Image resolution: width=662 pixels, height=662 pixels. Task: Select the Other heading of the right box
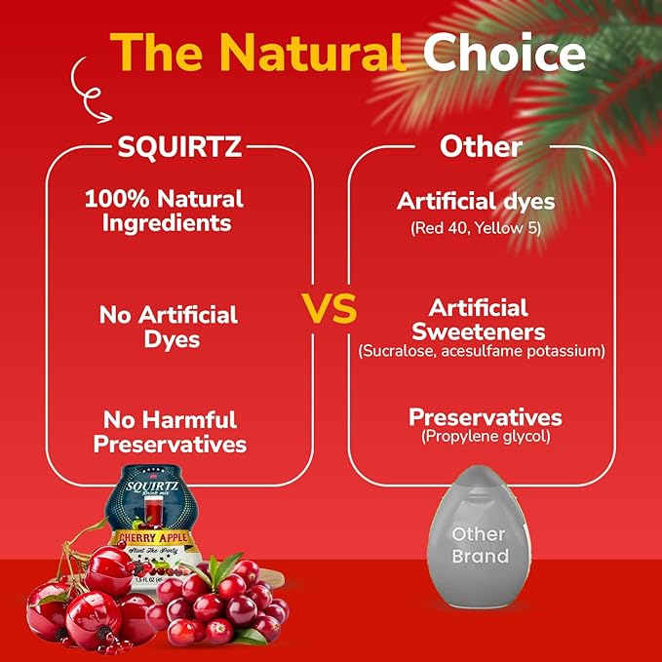click(x=481, y=146)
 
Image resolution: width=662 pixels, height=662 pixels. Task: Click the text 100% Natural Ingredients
click(x=164, y=210)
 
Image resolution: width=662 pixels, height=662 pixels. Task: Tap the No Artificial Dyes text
click(x=169, y=327)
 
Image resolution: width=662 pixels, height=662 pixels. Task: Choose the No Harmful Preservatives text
click(x=171, y=432)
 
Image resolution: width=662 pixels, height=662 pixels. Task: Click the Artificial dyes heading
click(x=476, y=202)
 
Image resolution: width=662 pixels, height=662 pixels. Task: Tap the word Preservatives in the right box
click(x=485, y=417)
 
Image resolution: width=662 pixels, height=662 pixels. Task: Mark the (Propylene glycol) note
click(x=485, y=438)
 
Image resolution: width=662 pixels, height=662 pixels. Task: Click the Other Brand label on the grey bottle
click(x=480, y=545)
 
